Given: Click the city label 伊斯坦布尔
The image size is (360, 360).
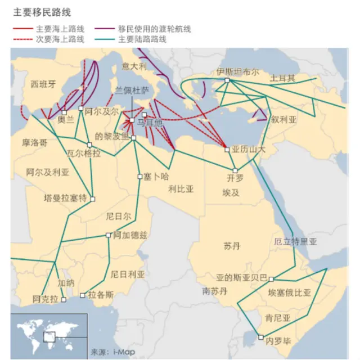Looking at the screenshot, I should pyautogui.click(x=238, y=72).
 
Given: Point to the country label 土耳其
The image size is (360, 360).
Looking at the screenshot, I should pyautogui.click(x=282, y=78).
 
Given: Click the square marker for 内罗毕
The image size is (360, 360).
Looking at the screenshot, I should pyautogui.click(x=260, y=337).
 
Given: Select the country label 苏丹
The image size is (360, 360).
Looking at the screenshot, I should pyautogui.click(x=232, y=246).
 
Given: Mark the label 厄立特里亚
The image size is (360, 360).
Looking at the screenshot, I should pyautogui.click(x=295, y=242).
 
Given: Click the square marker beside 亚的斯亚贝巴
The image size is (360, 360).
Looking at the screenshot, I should pyautogui.click(x=271, y=278).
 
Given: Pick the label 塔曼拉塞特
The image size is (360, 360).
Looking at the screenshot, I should pyautogui.click(x=66, y=198).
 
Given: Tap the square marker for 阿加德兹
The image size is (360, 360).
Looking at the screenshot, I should pyautogui.click(x=109, y=235).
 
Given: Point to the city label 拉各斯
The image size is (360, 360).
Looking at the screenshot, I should pyautogui.click(x=101, y=294).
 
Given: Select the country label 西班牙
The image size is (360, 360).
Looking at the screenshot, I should pyautogui.click(x=43, y=84).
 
